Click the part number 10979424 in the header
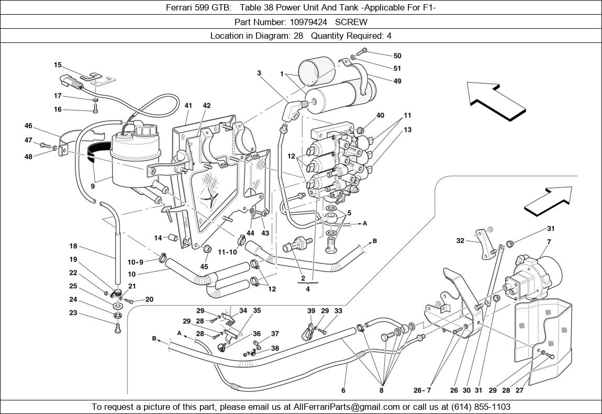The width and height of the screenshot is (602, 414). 310,22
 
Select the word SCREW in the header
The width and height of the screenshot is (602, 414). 351,22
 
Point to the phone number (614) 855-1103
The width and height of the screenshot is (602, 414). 478,407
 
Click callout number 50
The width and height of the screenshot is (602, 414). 397,56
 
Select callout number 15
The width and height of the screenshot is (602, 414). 58,65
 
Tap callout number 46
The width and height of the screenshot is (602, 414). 28,126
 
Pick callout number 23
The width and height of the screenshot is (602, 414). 73,313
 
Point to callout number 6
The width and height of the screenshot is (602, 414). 343,390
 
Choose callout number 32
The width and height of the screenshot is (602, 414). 460,241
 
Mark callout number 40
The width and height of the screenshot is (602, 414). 380,116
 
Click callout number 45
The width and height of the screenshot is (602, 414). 204,266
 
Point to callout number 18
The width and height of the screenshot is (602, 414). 73,246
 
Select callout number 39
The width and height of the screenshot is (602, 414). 311,311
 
